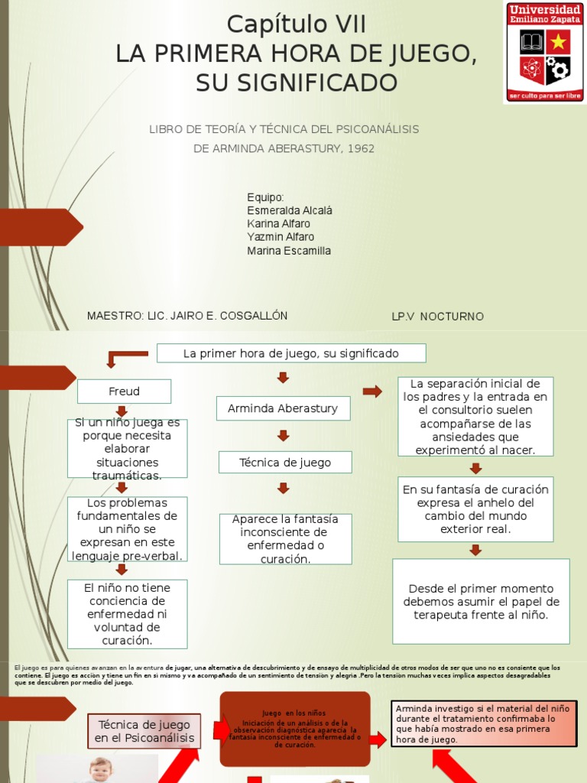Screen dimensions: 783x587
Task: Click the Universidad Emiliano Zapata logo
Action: (543, 52)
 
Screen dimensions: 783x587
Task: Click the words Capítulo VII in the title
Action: (297, 25)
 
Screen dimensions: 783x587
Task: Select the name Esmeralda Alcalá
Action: (290, 210)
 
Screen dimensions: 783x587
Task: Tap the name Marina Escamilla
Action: (289, 251)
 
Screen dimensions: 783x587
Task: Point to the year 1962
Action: (361, 148)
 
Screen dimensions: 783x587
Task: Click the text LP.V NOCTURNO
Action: (437, 317)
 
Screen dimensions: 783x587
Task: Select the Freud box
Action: (124, 391)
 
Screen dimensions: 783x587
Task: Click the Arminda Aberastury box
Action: (283, 408)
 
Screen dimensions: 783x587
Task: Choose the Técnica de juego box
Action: (285, 463)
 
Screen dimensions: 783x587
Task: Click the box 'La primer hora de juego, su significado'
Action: (291, 353)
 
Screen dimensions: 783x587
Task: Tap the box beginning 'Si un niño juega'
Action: (127, 449)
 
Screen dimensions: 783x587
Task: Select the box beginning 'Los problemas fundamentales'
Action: (127, 529)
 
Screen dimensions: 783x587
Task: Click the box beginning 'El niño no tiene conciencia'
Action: (127, 614)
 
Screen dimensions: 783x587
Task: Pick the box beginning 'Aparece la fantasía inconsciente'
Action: (285, 539)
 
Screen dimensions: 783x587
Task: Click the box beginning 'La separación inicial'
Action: (475, 417)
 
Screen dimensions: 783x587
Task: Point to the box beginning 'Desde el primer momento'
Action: (481, 602)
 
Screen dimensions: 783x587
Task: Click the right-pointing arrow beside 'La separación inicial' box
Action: (372, 391)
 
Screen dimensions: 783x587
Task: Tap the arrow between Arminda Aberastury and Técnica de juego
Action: (284, 436)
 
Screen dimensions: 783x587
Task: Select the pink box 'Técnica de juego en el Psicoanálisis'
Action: (144, 731)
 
